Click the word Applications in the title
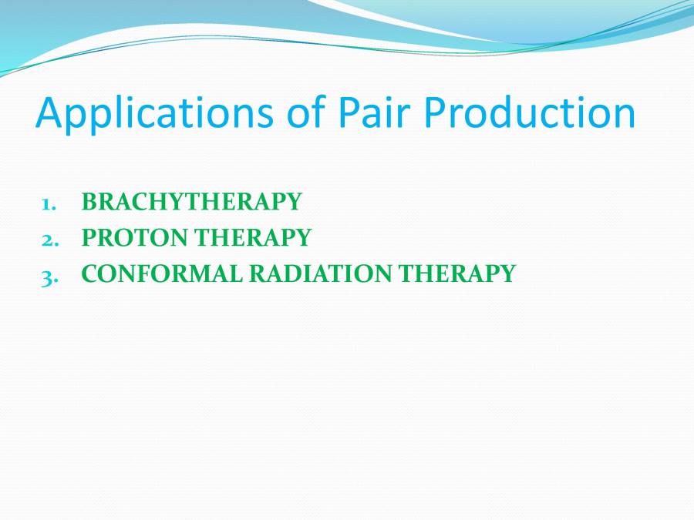click(147, 113)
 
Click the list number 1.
click(49, 203)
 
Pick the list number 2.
click(49, 238)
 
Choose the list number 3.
click(49, 273)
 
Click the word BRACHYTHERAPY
click(191, 202)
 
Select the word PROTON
click(136, 237)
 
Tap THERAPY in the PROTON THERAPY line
click(253, 237)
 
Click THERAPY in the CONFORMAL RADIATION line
click(457, 273)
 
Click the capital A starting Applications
click(50, 112)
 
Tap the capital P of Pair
click(347, 112)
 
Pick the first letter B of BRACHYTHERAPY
click(89, 202)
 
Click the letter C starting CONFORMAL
click(90, 273)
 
